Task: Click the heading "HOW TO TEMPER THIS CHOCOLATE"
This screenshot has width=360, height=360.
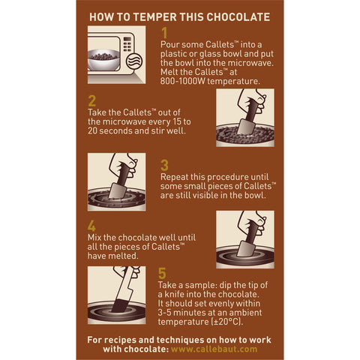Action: (180, 16)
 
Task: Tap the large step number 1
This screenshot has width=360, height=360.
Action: (165, 33)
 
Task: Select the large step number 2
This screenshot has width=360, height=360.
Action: (92, 100)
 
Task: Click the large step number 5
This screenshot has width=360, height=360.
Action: (165, 273)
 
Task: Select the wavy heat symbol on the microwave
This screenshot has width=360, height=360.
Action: (136, 61)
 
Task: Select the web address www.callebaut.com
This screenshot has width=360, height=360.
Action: (214, 349)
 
